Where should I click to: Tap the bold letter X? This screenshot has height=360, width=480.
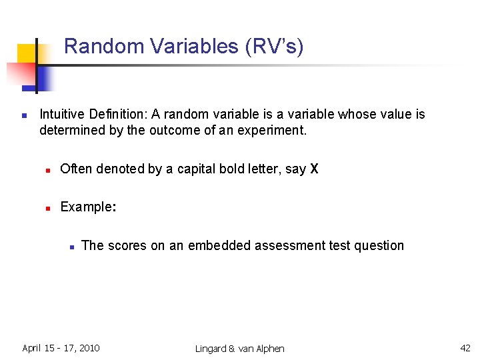pos(314,169)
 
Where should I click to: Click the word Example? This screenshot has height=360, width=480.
pos(88,207)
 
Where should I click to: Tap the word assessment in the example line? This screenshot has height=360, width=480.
pos(289,246)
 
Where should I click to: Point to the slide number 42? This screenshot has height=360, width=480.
pos(465,348)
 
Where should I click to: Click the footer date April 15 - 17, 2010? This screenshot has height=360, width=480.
pos(61,348)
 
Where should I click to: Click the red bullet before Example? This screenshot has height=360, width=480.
pos(48,208)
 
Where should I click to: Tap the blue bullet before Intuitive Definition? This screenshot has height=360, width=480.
pos(24,115)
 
